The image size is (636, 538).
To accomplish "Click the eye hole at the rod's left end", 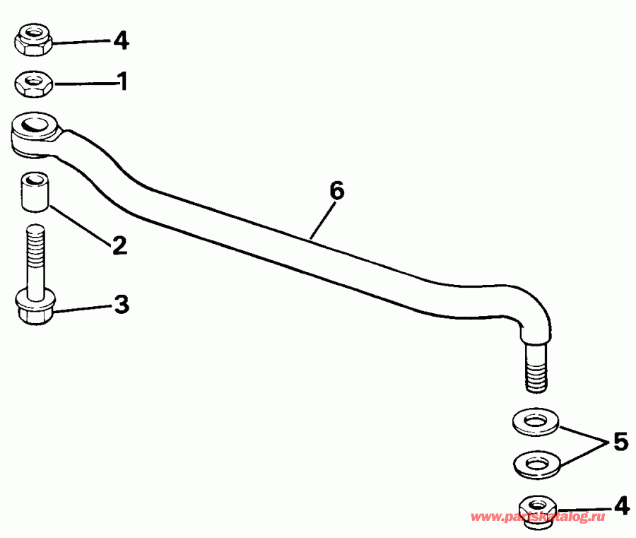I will pos(35,127).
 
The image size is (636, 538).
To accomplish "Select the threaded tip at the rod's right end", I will pos(536,369).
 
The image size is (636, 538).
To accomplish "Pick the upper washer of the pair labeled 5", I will pos(534,422).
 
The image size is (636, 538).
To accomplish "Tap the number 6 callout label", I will pos(336,190).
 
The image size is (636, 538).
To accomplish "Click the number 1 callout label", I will pos(123,82).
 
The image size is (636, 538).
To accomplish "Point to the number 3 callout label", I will pos(122,305).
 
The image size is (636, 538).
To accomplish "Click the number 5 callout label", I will pos(620,443).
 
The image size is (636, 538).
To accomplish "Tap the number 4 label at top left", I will pos(121,41).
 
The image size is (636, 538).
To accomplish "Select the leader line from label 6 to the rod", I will pos(322,220).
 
